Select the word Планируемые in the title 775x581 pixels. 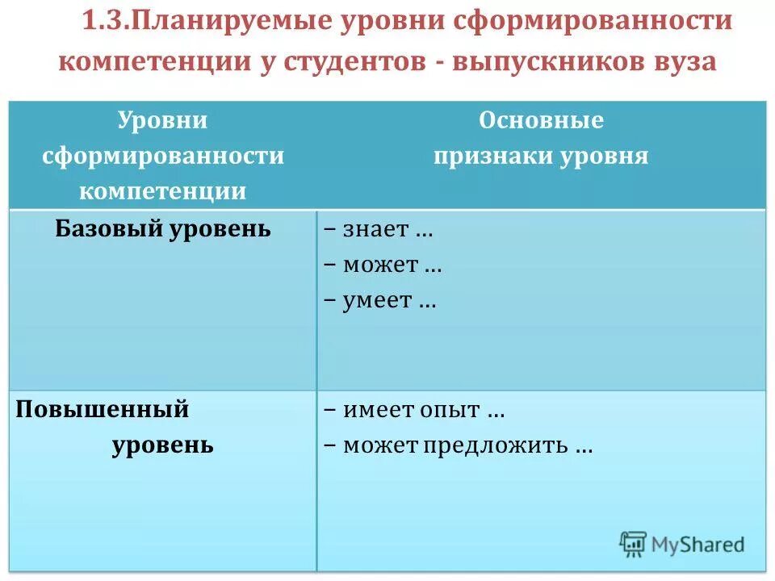coord(202,22)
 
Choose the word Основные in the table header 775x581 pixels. coord(541,120)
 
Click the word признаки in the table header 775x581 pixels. coord(491,156)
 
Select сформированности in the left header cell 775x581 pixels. coord(163,156)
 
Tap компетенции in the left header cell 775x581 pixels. coord(163,191)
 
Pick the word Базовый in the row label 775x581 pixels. coord(109,229)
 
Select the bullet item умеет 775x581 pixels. coord(378,301)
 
